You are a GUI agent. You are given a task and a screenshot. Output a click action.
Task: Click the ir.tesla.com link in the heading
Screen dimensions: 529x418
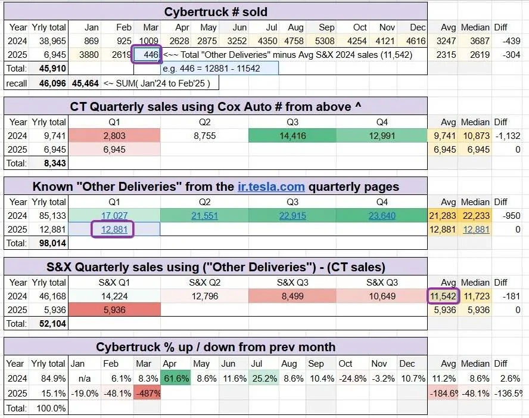(x=271, y=187)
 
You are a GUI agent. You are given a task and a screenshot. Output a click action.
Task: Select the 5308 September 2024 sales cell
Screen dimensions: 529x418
(x=325, y=41)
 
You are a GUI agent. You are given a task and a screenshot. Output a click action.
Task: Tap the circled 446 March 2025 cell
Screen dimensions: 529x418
(x=147, y=54)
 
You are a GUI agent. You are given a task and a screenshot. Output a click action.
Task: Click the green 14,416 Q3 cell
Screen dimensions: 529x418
(x=292, y=136)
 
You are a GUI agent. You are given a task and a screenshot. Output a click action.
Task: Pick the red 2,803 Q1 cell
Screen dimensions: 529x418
(x=114, y=136)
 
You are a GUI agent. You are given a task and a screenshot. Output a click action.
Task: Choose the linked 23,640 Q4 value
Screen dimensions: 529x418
(x=382, y=216)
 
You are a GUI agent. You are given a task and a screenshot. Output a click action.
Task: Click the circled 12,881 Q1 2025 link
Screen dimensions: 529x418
(x=113, y=230)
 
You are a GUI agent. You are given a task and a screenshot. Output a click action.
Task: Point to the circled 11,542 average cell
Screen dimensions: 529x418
(x=443, y=296)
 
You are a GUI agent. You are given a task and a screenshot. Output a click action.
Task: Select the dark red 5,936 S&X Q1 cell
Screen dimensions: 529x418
(x=114, y=309)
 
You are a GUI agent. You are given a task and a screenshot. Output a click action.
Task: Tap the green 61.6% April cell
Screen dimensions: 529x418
(x=176, y=379)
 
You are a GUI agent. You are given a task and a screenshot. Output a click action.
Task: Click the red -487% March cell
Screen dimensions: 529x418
(x=147, y=394)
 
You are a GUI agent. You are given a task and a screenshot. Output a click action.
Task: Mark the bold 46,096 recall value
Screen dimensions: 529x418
(x=52, y=83)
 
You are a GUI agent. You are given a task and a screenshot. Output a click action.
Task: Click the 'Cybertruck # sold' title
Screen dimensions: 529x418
(x=216, y=12)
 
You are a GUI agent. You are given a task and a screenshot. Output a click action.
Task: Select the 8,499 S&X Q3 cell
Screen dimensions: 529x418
(x=292, y=296)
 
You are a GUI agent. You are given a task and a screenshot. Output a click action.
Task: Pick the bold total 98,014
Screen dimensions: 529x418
(x=52, y=243)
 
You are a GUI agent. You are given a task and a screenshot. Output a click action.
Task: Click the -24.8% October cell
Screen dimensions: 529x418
(x=353, y=379)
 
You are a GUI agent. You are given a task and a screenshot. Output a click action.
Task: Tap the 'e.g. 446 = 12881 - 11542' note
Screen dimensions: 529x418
(x=211, y=69)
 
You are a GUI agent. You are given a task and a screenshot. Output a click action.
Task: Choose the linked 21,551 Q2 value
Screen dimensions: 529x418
(x=204, y=216)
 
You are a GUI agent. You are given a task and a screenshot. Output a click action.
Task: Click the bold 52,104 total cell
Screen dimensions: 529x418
(x=52, y=323)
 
